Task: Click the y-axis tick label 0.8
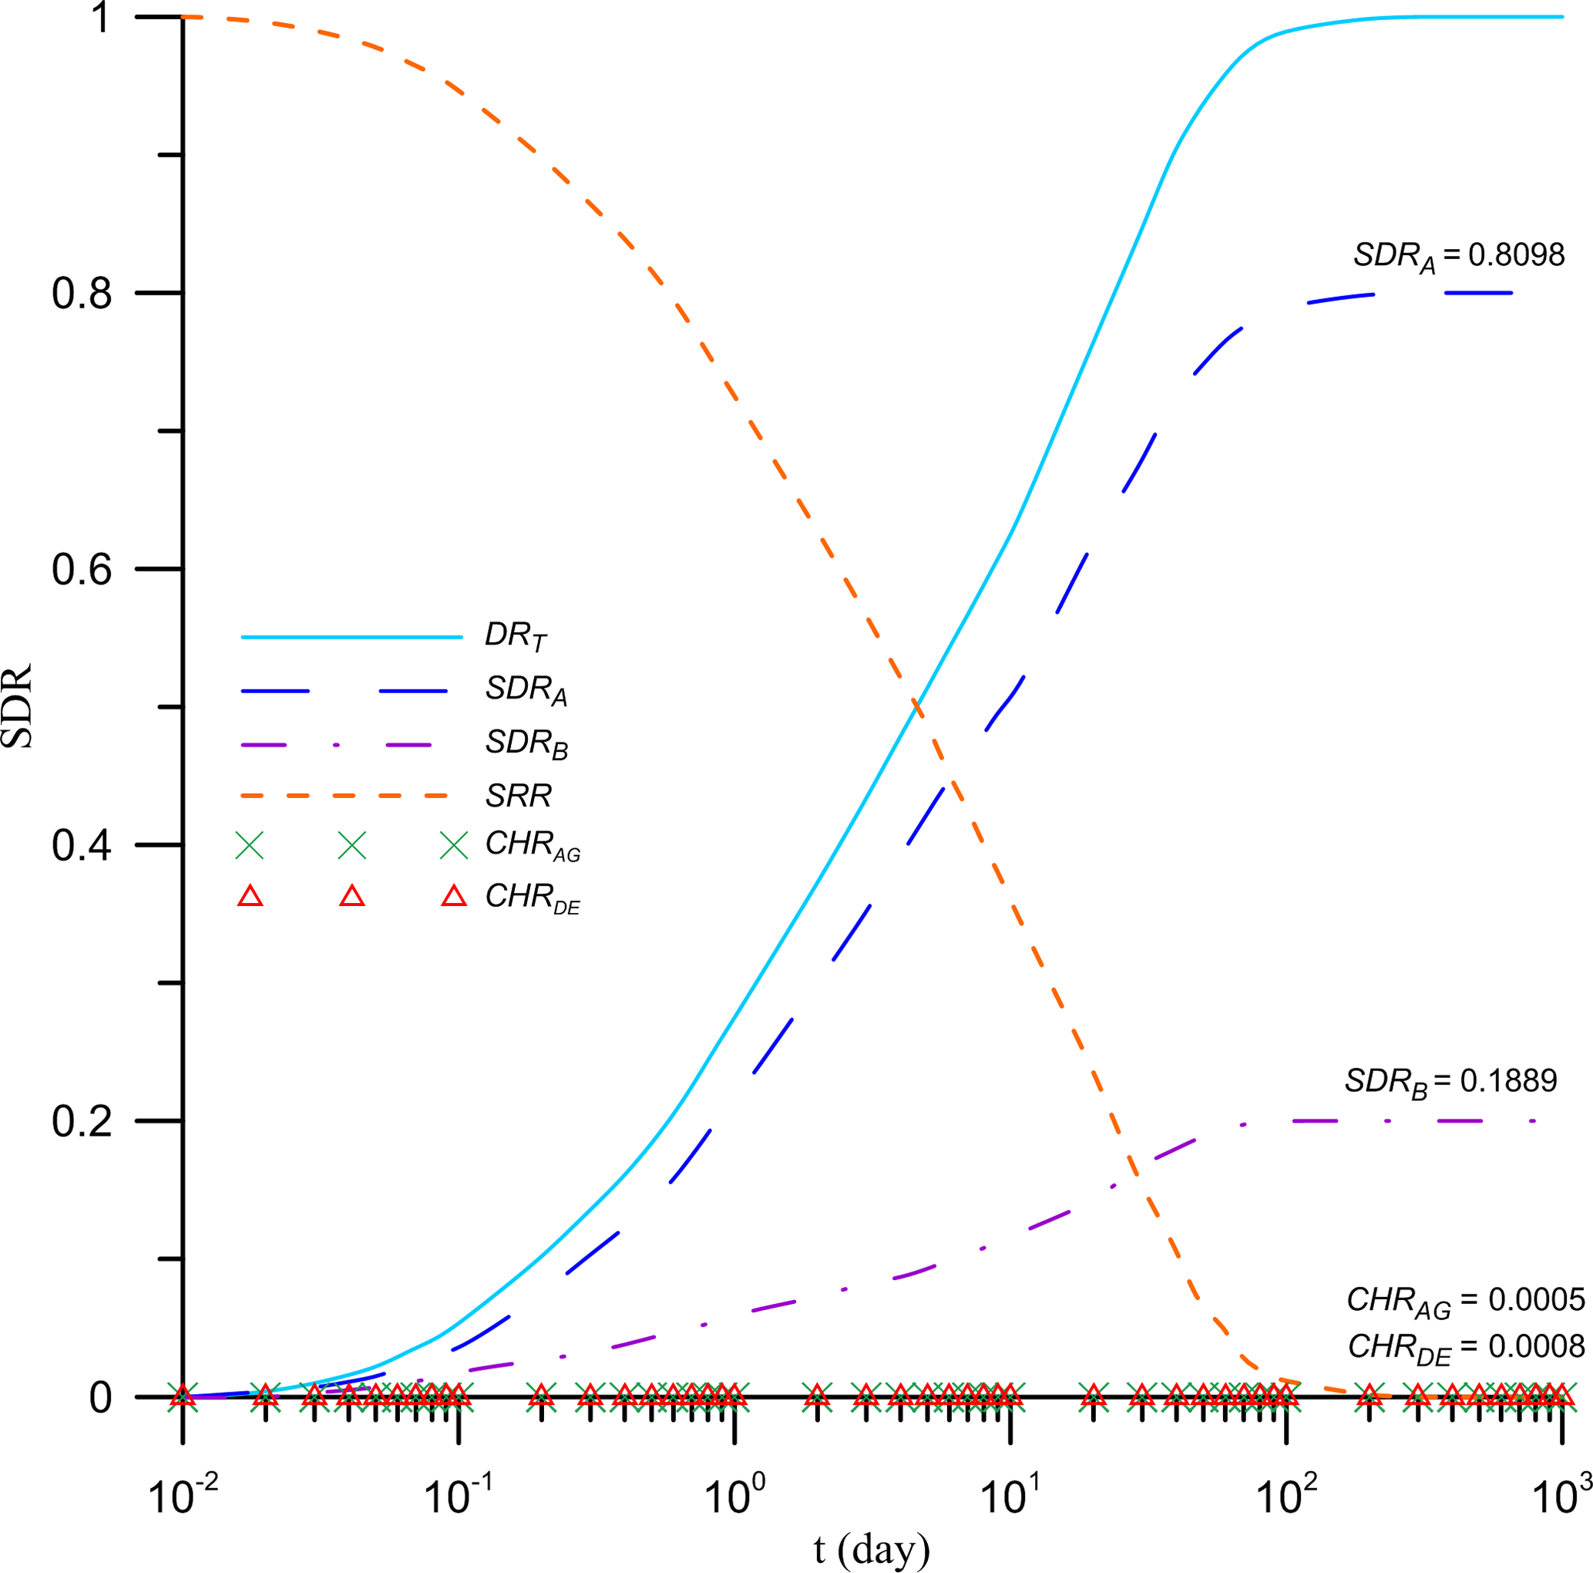[82, 293]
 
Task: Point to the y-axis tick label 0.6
[82, 569]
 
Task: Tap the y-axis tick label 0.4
[82, 845]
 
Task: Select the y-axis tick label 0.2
[82, 1121]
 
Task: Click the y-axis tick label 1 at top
[101, 19]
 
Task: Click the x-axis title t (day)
[872, 1549]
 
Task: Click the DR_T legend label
[516, 636]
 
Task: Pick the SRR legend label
[518, 796]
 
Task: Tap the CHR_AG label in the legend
[533, 845]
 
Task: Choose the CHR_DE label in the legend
[533, 898]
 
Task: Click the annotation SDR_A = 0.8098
[1458, 257]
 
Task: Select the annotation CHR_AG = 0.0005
[1465, 1301]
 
